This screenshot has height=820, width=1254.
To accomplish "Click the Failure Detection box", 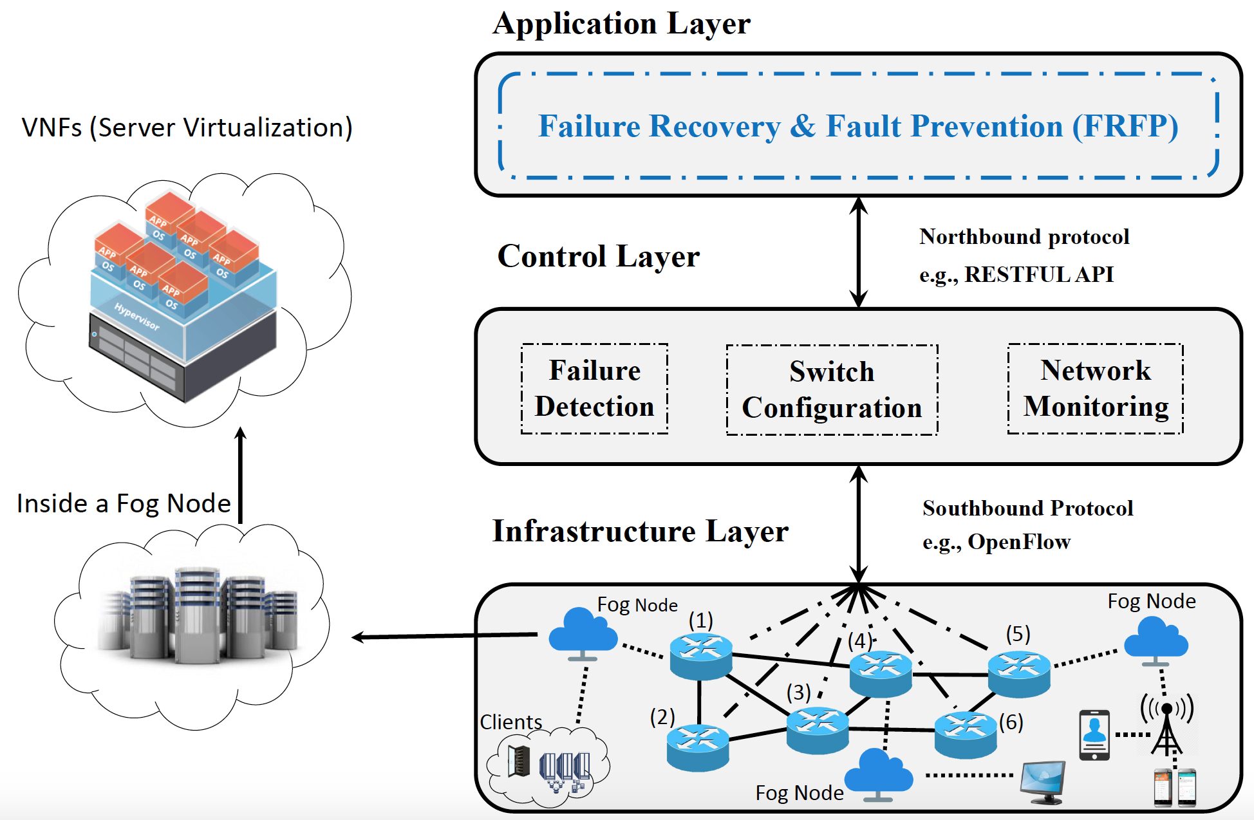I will coord(594,389).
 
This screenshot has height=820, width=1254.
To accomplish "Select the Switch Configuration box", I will coord(832,390).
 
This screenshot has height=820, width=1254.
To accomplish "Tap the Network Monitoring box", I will coord(1095,389).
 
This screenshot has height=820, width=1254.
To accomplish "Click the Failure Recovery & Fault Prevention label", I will coord(858,126).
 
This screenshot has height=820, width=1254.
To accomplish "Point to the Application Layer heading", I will coord(621,24).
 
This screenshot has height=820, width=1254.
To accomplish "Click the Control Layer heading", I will coord(598,256).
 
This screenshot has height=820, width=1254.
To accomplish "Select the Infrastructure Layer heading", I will coord(640,532).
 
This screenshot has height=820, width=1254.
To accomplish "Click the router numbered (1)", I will coord(700,656).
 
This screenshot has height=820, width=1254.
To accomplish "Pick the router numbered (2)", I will coord(698,747).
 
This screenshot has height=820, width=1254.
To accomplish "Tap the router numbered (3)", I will coord(817,730).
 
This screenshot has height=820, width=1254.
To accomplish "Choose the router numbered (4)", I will coord(880,674).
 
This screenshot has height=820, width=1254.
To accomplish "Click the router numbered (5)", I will coord(1018,674).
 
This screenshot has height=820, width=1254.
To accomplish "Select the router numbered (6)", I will coord(965,734).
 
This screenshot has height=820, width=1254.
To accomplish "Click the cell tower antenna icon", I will coord(1166,724).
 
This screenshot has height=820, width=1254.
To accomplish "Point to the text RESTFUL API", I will coord(1038,275).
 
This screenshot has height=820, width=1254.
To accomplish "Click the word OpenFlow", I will coord(1018,542).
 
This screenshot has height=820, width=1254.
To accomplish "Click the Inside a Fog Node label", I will coord(124,503).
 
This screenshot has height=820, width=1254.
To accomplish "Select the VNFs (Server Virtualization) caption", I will coord(187,127).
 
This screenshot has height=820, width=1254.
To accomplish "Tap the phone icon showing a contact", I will coord(1094,734).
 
